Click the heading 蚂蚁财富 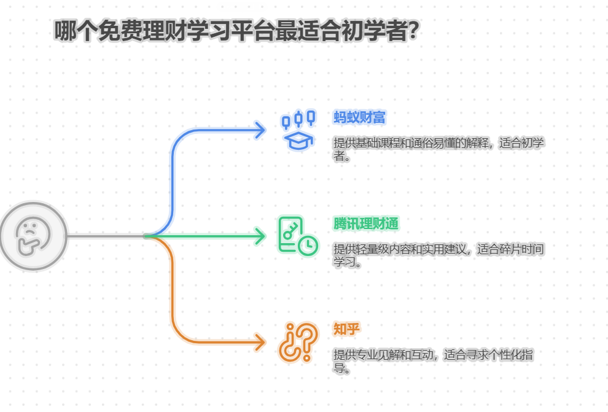[360, 117]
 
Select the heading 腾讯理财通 [366, 223]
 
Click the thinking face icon [33, 236]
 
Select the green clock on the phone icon [308, 245]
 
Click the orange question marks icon [298, 342]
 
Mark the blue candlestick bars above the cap [298, 119]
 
